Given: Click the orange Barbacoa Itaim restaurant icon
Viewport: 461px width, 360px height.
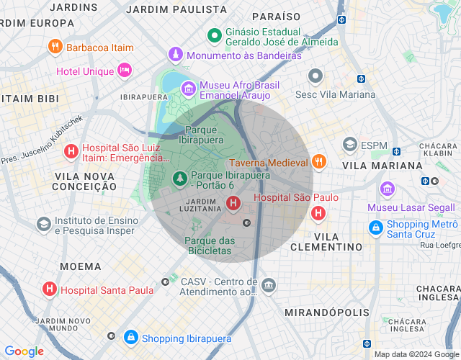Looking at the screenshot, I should [55, 48].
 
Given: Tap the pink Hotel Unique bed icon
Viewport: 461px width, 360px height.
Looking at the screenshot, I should [125, 71].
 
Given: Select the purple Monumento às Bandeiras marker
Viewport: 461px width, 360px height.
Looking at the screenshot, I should [175, 55].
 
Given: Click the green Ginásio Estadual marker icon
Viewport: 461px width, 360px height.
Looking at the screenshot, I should [214, 35].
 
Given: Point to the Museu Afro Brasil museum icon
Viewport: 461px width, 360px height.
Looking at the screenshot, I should [188, 89].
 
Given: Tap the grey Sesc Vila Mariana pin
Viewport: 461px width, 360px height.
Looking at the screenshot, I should [315, 76].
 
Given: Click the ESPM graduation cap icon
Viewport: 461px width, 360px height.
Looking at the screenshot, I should [350, 145].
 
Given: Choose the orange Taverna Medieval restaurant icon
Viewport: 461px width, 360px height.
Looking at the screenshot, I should [319, 162].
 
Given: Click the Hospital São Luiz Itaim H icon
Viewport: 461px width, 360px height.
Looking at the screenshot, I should [71, 151].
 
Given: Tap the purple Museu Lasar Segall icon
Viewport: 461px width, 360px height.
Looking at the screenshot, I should [388, 189].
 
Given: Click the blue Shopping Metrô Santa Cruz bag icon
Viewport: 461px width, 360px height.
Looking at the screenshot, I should [375, 228].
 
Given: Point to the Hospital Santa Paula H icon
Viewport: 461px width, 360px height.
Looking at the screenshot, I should [50, 289].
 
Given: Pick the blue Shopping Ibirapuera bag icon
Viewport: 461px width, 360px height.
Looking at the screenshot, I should [130, 337].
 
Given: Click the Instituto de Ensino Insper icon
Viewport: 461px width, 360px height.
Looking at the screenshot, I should [44, 224].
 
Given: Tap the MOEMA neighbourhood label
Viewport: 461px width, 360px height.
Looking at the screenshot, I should [81, 266].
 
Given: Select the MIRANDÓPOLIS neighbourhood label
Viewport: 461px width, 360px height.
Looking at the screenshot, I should [327, 312].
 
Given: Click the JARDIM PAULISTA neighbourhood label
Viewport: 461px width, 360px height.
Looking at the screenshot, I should [176, 9].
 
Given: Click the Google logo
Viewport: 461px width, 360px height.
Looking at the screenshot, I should [24, 351].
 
